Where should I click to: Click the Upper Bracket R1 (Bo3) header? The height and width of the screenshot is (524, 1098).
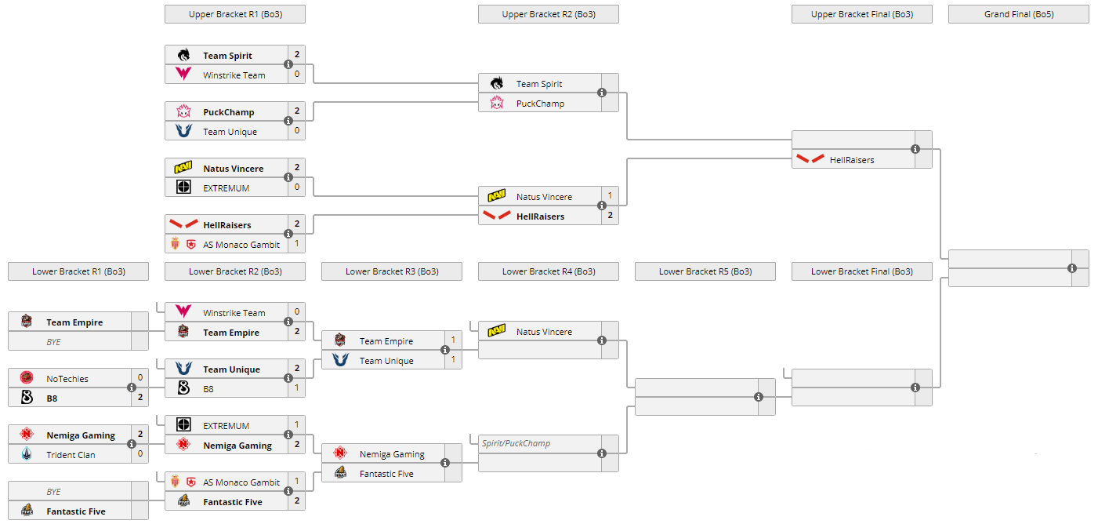tap(234, 14)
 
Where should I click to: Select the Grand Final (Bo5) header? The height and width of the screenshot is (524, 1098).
tap(1018, 14)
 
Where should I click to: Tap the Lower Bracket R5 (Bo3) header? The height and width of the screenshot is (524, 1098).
tap(705, 271)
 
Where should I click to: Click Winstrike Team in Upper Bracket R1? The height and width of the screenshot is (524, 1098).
tap(234, 75)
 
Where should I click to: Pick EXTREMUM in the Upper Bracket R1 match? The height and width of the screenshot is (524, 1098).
tap(226, 188)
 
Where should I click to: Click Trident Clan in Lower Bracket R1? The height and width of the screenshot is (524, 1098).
tap(71, 455)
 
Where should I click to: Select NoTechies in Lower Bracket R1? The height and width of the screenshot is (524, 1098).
tap(67, 379)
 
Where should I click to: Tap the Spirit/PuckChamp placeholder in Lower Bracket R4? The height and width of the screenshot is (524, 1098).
tap(516, 443)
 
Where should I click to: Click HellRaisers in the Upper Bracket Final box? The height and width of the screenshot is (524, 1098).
tap(851, 160)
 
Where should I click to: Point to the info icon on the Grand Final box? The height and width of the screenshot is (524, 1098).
tap(1072, 268)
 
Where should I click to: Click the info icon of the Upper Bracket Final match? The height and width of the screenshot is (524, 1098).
tap(915, 149)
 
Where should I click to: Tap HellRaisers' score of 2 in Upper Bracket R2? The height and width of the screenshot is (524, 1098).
tap(610, 216)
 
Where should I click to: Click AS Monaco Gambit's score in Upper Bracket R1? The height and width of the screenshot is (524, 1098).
tap(296, 244)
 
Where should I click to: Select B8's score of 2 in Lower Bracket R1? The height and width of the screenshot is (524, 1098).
tap(140, 398)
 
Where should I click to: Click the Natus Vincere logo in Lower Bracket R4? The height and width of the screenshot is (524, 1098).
tap(496, 332)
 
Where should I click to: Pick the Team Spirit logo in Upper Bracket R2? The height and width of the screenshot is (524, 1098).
tap(496, 84)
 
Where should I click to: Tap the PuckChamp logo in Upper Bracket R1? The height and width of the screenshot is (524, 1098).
tap(183, 112)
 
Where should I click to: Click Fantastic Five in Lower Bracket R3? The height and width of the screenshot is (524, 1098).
tap(386, 474)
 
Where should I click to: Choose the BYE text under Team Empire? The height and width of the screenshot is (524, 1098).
tap(53, 342)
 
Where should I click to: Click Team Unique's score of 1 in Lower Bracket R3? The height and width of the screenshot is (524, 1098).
tap(453, 360)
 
